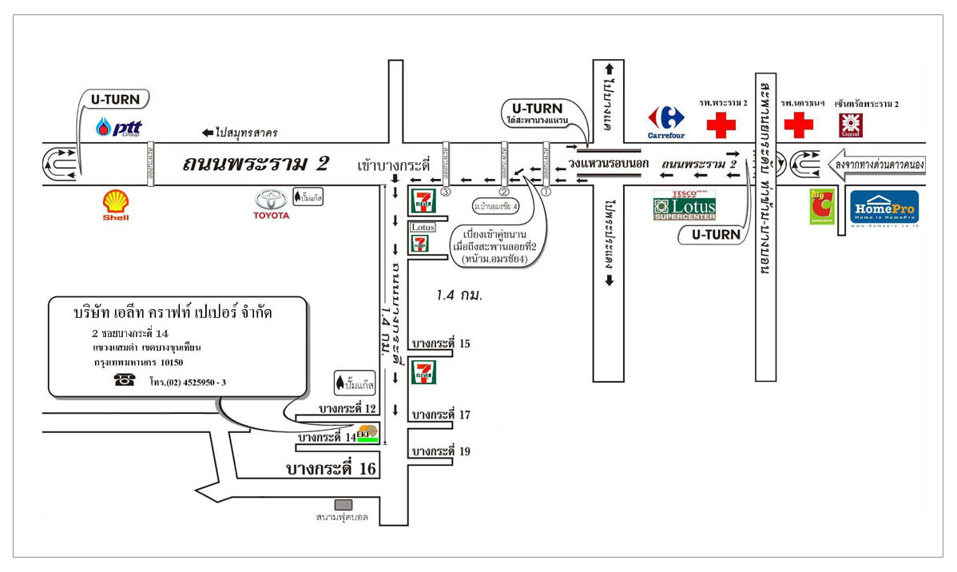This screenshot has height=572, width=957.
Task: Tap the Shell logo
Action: pyautogui.click(x=116, y=205)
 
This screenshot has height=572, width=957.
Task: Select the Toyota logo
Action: pyautogui.click(x=270, y=204)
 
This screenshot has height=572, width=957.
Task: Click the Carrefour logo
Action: pyautogui.click(x=666, y=122)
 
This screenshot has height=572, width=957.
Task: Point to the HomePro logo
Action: pyautogui.click(x=884, y=208)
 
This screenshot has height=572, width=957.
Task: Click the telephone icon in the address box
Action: pyautogui.click(x=125, y=380)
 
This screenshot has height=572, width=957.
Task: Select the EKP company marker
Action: pyautogui.click(x=367, y=435)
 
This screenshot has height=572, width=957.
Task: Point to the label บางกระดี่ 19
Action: pyautogui.click(x=440, y=451)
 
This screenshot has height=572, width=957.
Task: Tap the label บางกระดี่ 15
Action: pyautogui.click(x=440, y=344)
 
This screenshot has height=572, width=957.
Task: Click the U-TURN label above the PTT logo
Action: pyautogui.click(x=114, y=100)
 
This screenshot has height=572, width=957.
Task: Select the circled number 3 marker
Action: pyautogui.click(x=445, y=192)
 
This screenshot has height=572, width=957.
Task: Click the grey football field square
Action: pyautogui.click(x=343, y=504)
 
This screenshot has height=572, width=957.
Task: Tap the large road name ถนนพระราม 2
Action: pyautogui.click(x=255, y=164)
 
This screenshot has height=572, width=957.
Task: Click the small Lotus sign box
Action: pyautogui.click(x=423, y=227)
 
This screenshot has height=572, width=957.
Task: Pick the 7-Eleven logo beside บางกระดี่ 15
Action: pyautogui.click(x=423, y=371)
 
